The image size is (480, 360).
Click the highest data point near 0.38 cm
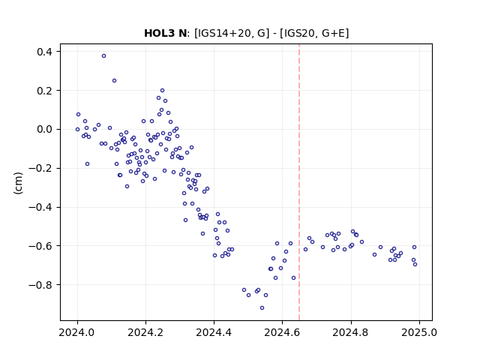pyautogui.click(x=103, y=56)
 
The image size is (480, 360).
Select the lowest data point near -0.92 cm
pyautogui.click(x=262, y=308)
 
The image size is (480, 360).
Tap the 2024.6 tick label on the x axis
pyautogui.click(x=282, y=332)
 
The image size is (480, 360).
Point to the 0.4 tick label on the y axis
pyautogui.click(x=44, y=52)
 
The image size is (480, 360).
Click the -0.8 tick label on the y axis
pyautogui.click(x=40, y=285)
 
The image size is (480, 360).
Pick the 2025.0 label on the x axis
pyautogui.click(x=419, y=332)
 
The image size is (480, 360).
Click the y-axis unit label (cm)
pyautogui.click(x=18, y=183)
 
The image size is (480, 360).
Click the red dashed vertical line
pyautogui.click(x=299, y=182)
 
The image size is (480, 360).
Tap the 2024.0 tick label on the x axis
pyautogui.click(x=77, y=332)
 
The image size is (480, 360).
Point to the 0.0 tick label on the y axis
pyautogui.click(x=44, y=130)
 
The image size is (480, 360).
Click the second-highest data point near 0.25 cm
pyautogui.click(x=114, y=81)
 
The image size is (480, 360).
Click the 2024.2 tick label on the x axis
pyautogui.click(x=145, y=332)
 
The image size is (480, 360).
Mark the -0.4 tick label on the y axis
pyautogui.click(x=40, y=207)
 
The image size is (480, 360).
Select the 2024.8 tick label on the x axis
pyautogui.click(x=351, y=332)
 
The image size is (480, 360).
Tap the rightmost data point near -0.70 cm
pyautogui.click(x=415, y=265)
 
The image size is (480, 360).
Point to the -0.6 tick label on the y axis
pyautogui.click(x=40, y=246)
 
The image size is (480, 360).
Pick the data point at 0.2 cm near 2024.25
pyautogui.click(x=162, y=91)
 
